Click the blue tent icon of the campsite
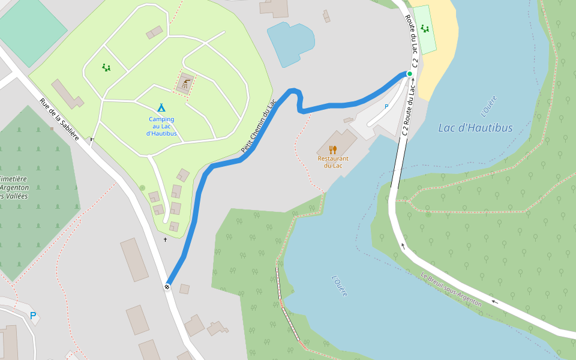point(161,108)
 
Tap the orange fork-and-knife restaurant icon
point(333,149)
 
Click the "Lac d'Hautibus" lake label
point(475,128)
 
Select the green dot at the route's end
point(410,74)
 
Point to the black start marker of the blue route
point(167,287)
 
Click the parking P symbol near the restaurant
point(386,106)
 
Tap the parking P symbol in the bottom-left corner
point(33,316)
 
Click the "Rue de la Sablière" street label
point(59,119)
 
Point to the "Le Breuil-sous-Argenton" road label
point(451,290)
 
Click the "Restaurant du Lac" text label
point(333,162)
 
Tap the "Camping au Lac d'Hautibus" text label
point(161,126)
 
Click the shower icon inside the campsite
point(186,84)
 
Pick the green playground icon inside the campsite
point(106,68)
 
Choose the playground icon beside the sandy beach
point(425,29)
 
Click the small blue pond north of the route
point(290,43)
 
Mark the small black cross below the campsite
point(166,240)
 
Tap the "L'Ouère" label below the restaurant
point(340,285)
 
